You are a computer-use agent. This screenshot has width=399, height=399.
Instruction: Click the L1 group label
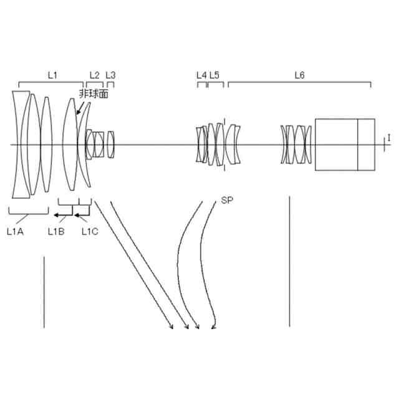point(53,75)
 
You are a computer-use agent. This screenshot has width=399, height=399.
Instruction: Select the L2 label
point(94,75)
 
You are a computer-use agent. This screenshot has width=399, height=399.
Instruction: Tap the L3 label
point(110,75)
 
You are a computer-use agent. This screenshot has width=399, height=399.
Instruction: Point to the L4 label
point(201,75)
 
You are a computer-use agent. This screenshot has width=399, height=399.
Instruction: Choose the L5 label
point(214,75)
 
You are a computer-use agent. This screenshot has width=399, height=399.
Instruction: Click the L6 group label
point(299,75)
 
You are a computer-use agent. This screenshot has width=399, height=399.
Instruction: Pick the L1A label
point(14,231)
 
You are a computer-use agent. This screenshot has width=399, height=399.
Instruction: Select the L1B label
point(55,231)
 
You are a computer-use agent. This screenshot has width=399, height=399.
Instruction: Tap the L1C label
point(90,231)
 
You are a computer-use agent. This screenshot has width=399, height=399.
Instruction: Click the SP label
point(226,201)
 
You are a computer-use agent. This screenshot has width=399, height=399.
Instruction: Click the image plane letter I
point(389,137)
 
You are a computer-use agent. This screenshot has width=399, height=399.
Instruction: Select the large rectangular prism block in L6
point(345,144)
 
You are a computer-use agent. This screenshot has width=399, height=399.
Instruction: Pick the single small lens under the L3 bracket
point(111,144)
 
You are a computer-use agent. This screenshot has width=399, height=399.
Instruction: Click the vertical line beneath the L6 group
point(289,262)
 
